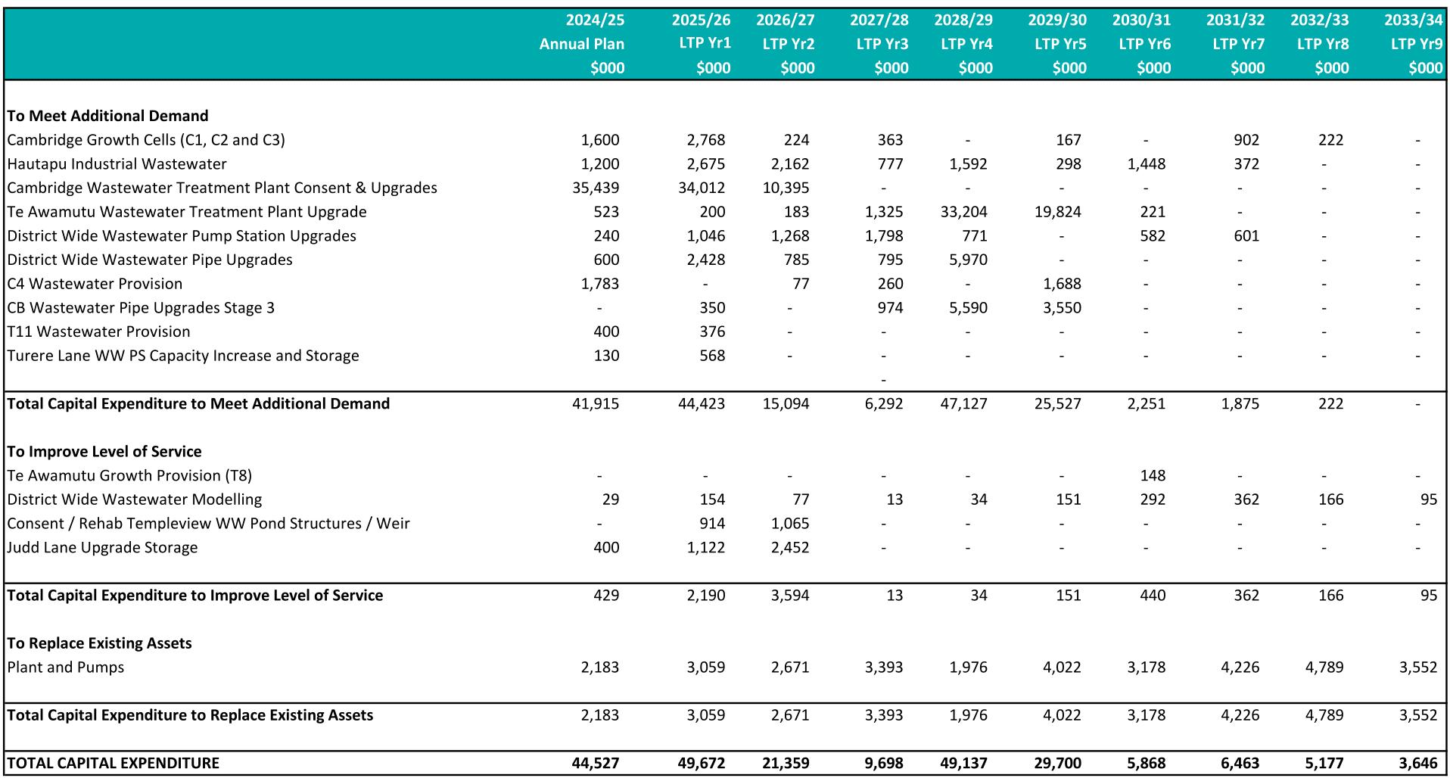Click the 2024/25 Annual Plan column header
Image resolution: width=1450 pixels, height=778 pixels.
tap(581, 43)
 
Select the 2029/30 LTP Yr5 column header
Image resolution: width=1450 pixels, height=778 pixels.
tap(1058, 43)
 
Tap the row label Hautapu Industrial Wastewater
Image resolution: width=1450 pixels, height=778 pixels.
tap(117, 164)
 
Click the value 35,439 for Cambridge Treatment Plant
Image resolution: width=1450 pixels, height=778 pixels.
tap(596, 188)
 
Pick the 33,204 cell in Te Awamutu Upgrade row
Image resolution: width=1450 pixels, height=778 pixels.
tap(963, 212)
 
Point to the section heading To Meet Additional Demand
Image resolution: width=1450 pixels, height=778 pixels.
tap(107, 116)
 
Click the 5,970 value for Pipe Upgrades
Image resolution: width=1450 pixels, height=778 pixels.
tap(968, 260)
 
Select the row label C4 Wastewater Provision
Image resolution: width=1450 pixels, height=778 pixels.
tap(95, 284)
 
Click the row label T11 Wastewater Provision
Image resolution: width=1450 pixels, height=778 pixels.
tap(98, 331)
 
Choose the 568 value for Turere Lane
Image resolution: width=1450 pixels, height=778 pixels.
tap(712, 356)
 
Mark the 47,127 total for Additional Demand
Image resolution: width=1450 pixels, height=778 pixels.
tap(963, 404)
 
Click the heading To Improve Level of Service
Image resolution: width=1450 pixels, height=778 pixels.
tap(104, 452)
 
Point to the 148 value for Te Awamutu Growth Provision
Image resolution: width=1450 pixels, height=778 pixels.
tap(1152, 476)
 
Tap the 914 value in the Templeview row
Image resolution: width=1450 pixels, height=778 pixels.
tap(712, 524)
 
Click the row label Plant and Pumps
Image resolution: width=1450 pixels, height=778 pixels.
tap(66, 668)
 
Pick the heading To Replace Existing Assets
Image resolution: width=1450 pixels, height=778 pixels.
tap(99, 643)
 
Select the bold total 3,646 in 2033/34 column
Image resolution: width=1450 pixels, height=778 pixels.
tap(1417, 763)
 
